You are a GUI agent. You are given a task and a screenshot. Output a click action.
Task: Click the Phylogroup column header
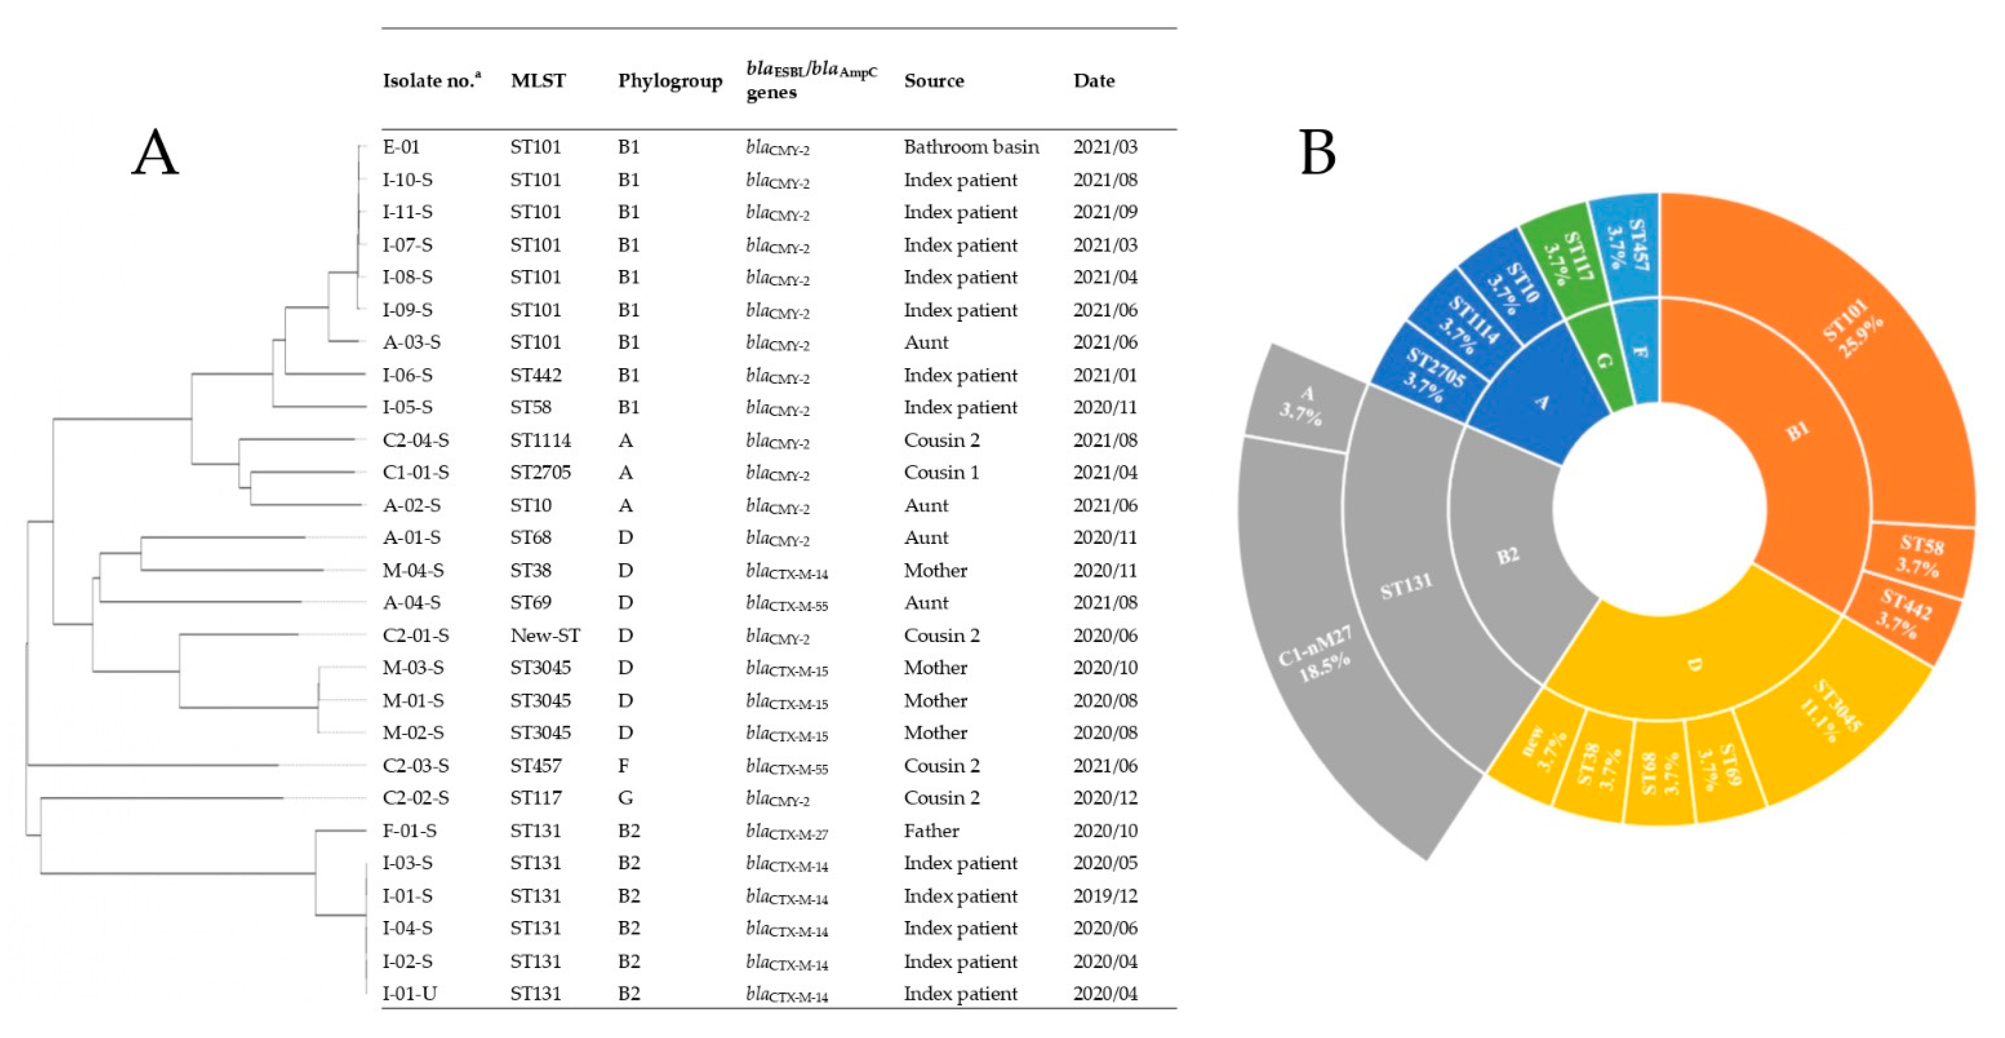pos(669,81)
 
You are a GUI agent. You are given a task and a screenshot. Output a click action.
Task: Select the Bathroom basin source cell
pos(971,147)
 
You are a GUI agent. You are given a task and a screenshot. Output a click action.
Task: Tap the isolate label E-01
pos(401,147)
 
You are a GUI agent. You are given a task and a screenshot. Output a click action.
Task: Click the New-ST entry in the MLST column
pos(545,635)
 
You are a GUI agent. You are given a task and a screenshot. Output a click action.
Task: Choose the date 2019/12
pos(1105,896)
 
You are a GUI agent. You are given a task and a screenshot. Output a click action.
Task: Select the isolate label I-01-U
pos(410,993)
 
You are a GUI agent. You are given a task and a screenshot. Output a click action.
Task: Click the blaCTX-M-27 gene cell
pos(786,831)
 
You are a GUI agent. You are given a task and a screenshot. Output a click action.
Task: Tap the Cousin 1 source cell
pos(941,473)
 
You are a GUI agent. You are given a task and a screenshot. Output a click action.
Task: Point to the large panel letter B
pos(1317,153)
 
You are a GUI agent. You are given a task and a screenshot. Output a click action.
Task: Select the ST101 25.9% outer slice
pos(1853,327)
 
